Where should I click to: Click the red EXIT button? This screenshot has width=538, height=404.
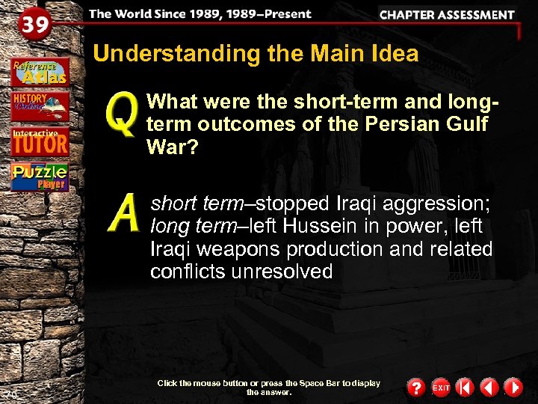point(441,388)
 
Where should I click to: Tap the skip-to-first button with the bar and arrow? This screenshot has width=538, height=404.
point(464,388)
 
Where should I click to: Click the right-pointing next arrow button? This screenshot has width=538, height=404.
point(513,388)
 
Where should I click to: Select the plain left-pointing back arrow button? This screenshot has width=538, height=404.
point(489,388)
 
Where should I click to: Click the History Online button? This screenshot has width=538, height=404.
point(40,106)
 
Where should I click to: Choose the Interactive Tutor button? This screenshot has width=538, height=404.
point(40,141)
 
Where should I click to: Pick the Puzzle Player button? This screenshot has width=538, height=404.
point(40,177)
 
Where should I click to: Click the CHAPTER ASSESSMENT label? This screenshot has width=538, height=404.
point(447,14)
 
